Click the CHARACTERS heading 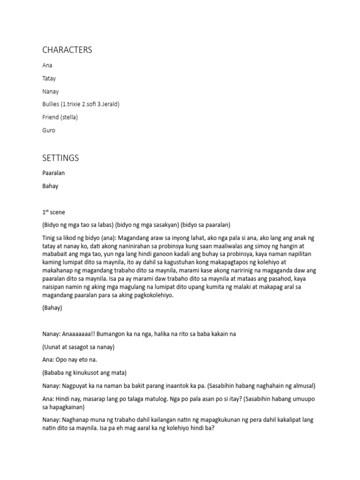click(x=67, y=50)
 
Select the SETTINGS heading click(x=60, y=158)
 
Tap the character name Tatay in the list click(x=49, y=78)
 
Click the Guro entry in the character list click(x=48, y=130)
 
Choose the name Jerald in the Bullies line click(x=108, y=104)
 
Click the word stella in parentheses click(x=68, y=117)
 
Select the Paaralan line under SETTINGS click(x=53, y=173)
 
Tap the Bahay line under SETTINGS click(x=50, y=186)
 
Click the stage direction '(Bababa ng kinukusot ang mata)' click(x=84, y=373)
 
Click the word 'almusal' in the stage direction click(x=302, y=386)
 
